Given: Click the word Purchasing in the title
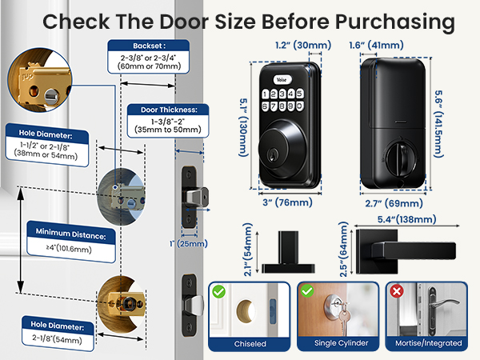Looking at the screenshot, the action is [394, 22].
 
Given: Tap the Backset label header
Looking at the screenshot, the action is [149, 46].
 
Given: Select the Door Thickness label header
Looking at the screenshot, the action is [169, 110].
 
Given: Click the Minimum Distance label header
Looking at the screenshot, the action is [70, 234].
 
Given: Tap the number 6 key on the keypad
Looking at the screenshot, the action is [265, 106].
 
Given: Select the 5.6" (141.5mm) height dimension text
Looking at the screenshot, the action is [438, 124].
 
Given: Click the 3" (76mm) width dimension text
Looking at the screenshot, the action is [287, 202].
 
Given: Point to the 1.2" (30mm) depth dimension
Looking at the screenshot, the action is [303, 46].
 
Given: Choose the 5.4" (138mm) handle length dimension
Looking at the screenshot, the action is [407, 219].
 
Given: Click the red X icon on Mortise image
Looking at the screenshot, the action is [397, 291].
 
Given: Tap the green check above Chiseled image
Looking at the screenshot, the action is [219, 291].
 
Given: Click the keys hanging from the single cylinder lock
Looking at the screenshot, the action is [344, 318].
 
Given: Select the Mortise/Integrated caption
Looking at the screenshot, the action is [429, 343].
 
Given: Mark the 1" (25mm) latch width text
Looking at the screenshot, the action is [189, 244].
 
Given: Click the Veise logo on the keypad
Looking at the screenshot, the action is [282, 80].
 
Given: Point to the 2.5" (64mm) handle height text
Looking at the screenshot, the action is [343, 249].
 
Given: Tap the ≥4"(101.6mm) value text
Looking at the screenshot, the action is [69, 248].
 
